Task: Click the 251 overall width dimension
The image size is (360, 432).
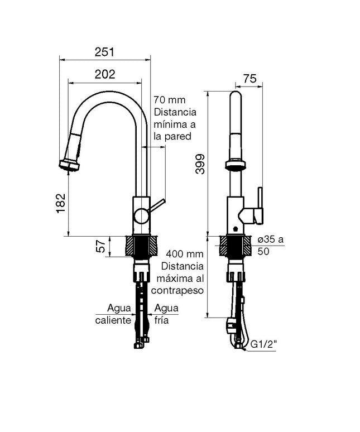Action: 104,52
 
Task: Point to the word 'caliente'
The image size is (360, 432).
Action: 113,320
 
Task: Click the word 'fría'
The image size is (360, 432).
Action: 162,320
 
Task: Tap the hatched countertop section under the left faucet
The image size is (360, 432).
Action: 141,246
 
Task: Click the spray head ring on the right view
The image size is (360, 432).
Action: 236,165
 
